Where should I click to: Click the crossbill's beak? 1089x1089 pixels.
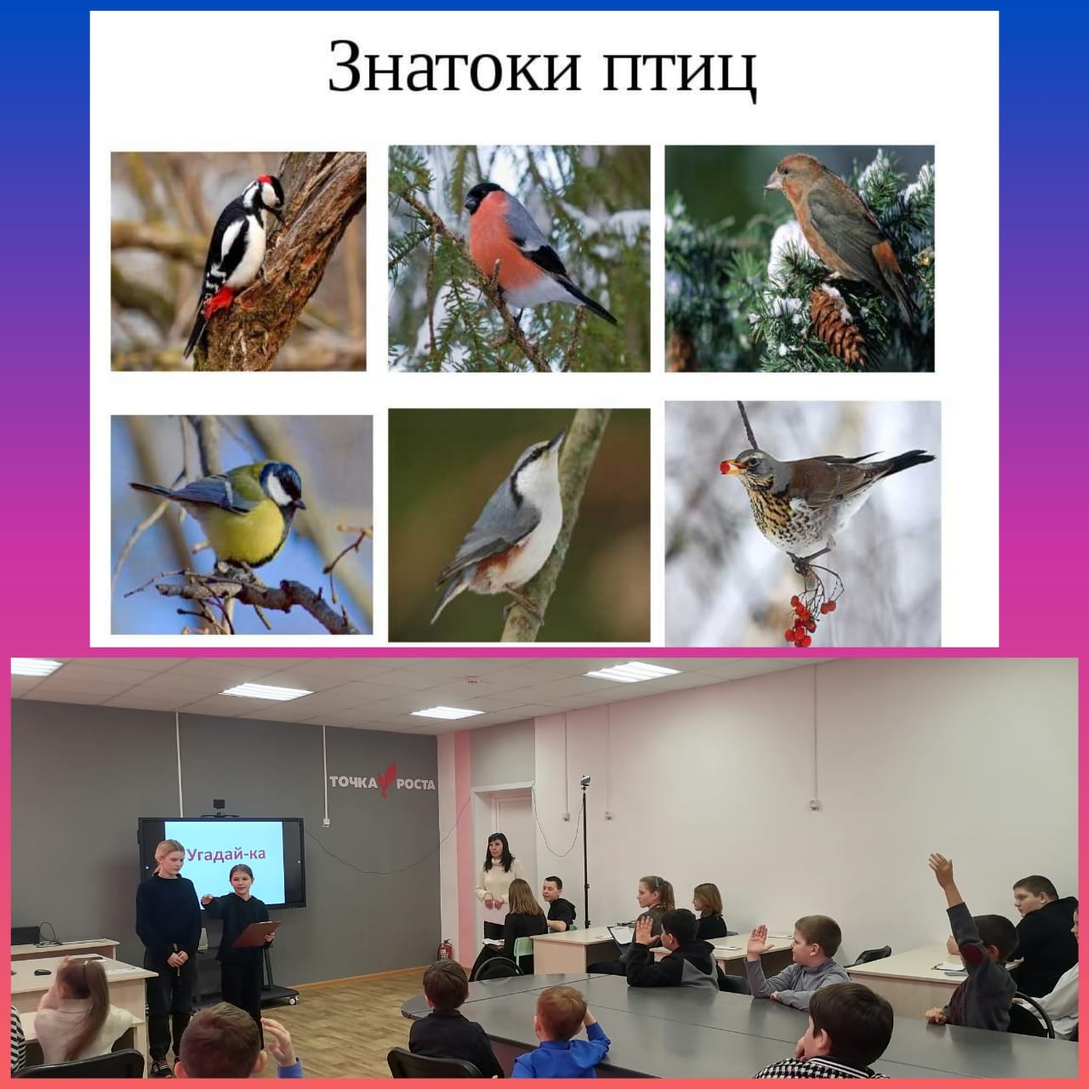click(x=773, y=181)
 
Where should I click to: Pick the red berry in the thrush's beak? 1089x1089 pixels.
click(x=725, y=467)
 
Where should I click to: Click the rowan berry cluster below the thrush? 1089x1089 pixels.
click(x=807, y=619)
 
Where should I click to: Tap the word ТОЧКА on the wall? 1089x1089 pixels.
click(x=353, y=782)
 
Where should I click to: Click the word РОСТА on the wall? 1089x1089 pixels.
click(x=416, y=784)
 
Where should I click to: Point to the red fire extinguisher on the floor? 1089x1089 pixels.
click(x=446, y=949)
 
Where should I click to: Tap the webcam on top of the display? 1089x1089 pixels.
click(x=219, y=806)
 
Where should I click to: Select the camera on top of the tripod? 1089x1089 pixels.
click(x=584, y=781)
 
